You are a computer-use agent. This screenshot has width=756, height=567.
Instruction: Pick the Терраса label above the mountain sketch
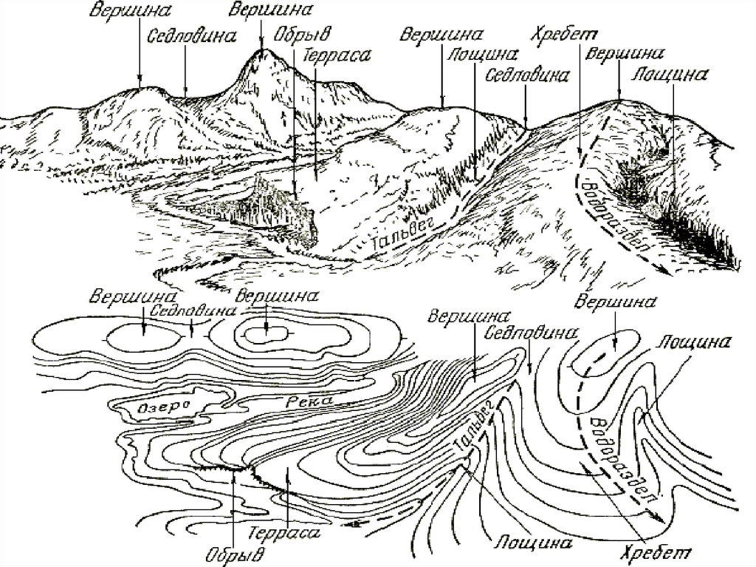click(x=330, y=55)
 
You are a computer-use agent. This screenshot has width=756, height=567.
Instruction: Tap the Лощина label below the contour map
click(x=523, y=541)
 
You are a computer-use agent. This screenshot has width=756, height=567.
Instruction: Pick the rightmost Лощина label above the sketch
click(x=671, y=73)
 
